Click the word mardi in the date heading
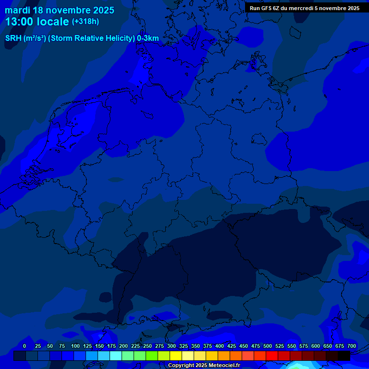point(17,10)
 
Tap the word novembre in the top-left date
point(67,10)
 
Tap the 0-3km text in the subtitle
point(148,38)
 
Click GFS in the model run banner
point(269,8)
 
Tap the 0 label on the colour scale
point(25,346)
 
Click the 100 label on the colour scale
point(75,346)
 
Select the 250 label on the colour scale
point(147,346)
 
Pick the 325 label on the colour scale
point(183,346)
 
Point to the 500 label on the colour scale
point(267,346)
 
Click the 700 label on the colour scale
point(351,346)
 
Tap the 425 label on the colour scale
point(231,346)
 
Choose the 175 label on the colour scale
point(111,346)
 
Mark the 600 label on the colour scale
point(315,346)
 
